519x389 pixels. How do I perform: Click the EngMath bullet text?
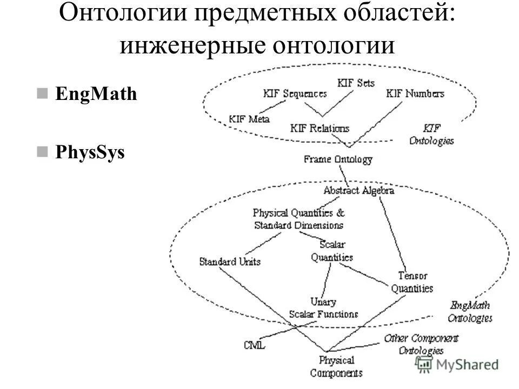click(x=96, y=95)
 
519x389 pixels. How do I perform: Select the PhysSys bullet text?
click(x=90, y=153)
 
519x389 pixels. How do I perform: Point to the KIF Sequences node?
click(x=295, y=93)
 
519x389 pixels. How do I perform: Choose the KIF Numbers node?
click(x=415, y=93)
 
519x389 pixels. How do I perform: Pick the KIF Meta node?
click(x=249, y=119)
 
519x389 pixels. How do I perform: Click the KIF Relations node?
click(x=320, y=129)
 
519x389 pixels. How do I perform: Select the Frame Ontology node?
click(x=338, y=160)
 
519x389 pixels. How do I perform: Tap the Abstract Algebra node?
click(x=358, y=191)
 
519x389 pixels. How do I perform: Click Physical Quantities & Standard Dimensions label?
click(x=298, y=219)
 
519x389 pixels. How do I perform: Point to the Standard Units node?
click(x=230, y=262)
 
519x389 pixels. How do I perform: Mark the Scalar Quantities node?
click(x=332, y=252)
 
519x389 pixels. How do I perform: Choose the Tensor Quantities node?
click(x=412, y=282)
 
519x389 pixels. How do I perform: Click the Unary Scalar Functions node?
click(x=323, y=308)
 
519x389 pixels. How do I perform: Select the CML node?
click(x=254, y=345)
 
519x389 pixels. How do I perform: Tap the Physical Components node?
click(x=336, y=366)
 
